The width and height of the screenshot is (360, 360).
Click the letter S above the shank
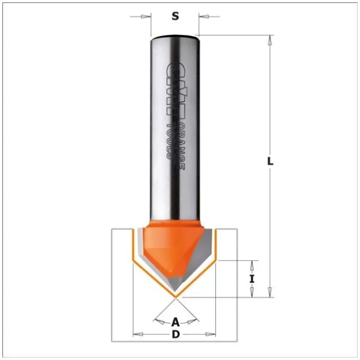pos(175,16)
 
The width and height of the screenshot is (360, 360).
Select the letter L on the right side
pos(271,161)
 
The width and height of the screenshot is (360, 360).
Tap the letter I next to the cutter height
pos(252,278)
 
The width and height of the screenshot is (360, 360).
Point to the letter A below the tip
pos(175,321)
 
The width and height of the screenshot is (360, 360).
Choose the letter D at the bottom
pos(175,334)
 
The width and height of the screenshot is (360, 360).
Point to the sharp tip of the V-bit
pos(175,296)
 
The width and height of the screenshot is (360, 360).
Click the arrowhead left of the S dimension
pos(146,16)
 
